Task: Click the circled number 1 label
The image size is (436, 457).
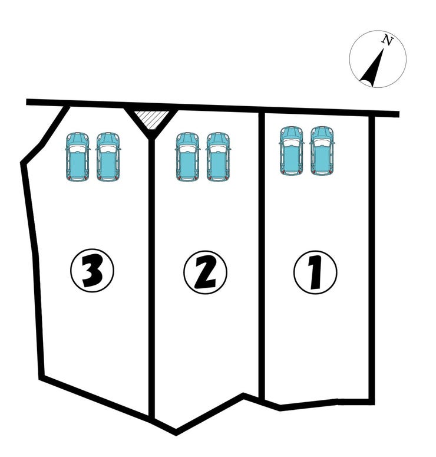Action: click(315, 272)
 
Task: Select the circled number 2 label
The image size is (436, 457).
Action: click(205, 272)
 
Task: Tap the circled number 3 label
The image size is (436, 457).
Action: click(92, 271)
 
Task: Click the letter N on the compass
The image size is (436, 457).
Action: click(387, 40)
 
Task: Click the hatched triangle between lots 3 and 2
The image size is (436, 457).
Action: click(152, 119)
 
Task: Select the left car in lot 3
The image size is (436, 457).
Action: click(77, 157)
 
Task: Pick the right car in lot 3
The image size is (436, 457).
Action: click(108, 157)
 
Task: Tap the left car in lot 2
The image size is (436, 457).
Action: click(188, 157)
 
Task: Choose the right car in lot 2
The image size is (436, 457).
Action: click(218, 157)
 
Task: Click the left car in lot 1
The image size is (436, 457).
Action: click(291, 151)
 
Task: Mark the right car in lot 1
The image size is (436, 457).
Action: click(322, 151)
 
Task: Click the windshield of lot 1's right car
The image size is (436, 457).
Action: click(322, 143)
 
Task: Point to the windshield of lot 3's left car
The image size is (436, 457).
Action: click(77, 149)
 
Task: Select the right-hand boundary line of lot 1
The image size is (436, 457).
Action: click(372, 260)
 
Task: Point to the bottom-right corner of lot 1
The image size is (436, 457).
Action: click(372, 402)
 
